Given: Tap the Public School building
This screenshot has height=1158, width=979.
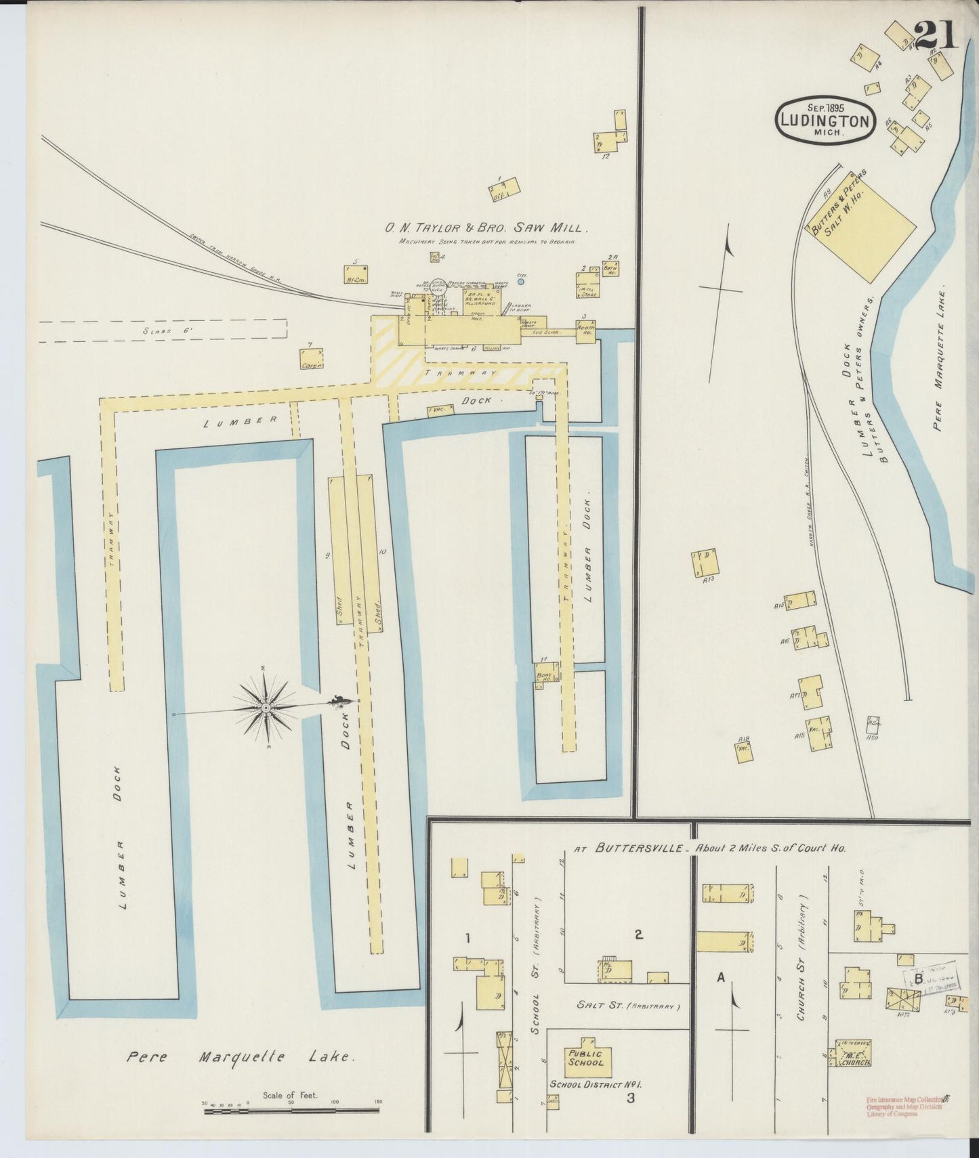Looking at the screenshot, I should pos(586,1058).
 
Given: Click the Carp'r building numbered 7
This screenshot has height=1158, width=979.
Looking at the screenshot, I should pos(312,359).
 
